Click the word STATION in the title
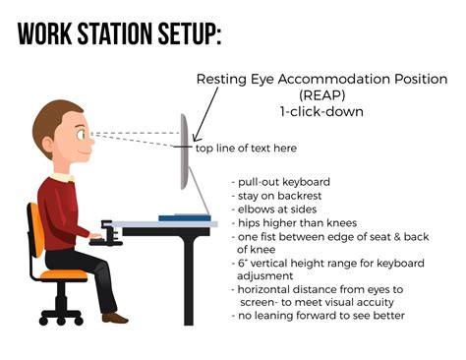click(115, 34)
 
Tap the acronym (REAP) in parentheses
click(322, 95)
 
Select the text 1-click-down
click(321, 111)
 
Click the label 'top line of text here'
click(246, 149)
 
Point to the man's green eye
click(81, 135)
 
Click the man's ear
click(48, 145)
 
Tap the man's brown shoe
click(115, 318)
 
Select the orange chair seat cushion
click(64, 274)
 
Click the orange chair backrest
click(36, 229)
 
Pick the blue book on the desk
click(185, 217)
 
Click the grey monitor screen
click(184, 151)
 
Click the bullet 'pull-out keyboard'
click(281, 182)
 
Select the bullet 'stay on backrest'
click(276, 196)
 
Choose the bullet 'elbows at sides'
click(274, 210)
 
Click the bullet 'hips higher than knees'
click(294, 223)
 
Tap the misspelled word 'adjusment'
click(264, 275)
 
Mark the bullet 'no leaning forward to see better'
click(318, 316)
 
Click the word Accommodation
click(334, 79)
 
